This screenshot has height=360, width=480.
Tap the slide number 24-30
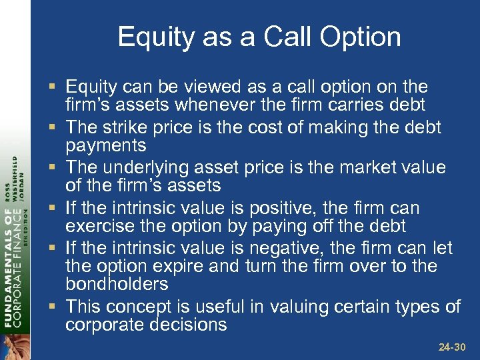(x=453, y=347)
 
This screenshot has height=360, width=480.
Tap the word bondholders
(x=116, y=284)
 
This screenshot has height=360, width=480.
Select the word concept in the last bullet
(x=138, y=307)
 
